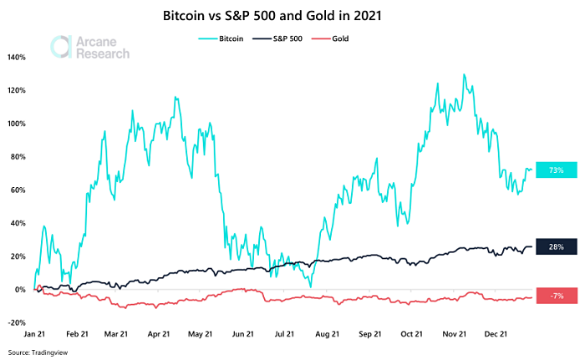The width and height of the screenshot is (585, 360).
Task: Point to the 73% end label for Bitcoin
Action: [557, 170]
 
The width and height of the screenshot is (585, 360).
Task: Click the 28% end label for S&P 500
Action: [557, 247]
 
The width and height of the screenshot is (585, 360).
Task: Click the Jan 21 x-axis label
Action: [35, 334]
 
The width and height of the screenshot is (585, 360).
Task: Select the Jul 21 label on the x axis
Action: [283, 334]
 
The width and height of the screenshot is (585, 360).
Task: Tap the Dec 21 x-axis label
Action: [496, 334]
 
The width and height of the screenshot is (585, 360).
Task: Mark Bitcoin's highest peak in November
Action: [463, 74]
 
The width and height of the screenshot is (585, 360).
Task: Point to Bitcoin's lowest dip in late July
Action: [310, 286]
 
